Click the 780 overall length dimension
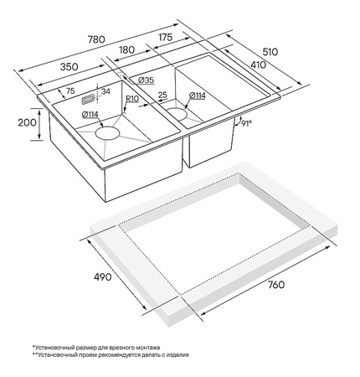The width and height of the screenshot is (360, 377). [x=96, y=39]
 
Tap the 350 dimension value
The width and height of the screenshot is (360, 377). [x=69, y=67]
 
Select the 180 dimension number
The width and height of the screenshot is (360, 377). [x=126, y=49]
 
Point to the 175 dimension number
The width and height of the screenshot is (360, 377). [x=165, y=37]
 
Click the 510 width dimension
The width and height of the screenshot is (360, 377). [x=270, y=52]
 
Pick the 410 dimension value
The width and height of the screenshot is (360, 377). [x=259, y=65]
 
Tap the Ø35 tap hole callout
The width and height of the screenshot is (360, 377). [x=146, y=80]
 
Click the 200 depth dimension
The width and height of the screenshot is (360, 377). [x=27, y=122]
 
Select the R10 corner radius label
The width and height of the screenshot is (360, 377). [x=132, y=99]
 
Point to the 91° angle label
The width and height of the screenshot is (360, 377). [x=246, y=123]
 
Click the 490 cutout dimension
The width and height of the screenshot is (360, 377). [x=102, y=276]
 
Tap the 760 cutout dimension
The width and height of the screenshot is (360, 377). [x=276, y=285]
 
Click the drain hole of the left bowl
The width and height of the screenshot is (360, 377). [x=107, y=132]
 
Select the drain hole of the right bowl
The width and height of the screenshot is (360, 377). [x=176, y=114]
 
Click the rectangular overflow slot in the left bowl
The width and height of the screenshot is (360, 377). [x=88, y=100]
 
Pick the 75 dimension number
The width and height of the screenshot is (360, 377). [x=70, y=90]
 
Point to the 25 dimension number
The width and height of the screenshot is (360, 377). [x=162, y=95]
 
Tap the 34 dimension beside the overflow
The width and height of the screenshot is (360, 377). [x=105, y=91]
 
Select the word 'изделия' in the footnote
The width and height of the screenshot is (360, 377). [x=178, y=355]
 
